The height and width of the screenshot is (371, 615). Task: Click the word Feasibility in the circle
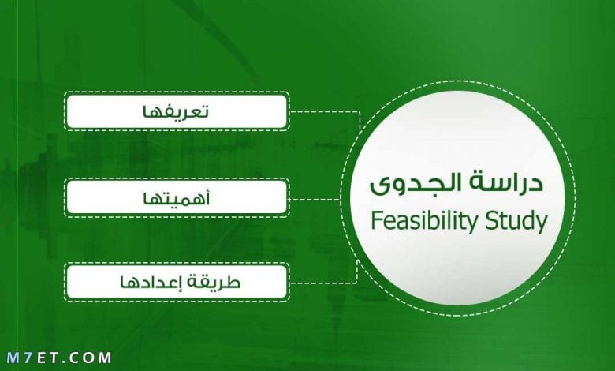coord(425,222)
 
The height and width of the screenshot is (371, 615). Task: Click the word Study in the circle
coord(516,222)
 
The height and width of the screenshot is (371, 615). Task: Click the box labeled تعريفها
coord(177,111)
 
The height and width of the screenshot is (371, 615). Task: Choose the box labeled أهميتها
coord(177,197)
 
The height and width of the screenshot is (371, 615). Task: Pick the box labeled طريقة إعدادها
coord(177,283)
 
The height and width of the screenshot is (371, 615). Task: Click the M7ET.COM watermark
coord(59,358)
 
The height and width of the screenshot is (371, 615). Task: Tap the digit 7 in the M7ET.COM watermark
coord(28,358)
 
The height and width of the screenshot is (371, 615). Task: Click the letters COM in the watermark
coord(91,358)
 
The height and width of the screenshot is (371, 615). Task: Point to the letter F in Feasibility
coord(376,220)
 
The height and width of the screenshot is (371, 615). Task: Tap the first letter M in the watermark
coord(13,358)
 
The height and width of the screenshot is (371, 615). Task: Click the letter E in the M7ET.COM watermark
coord(41,358)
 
